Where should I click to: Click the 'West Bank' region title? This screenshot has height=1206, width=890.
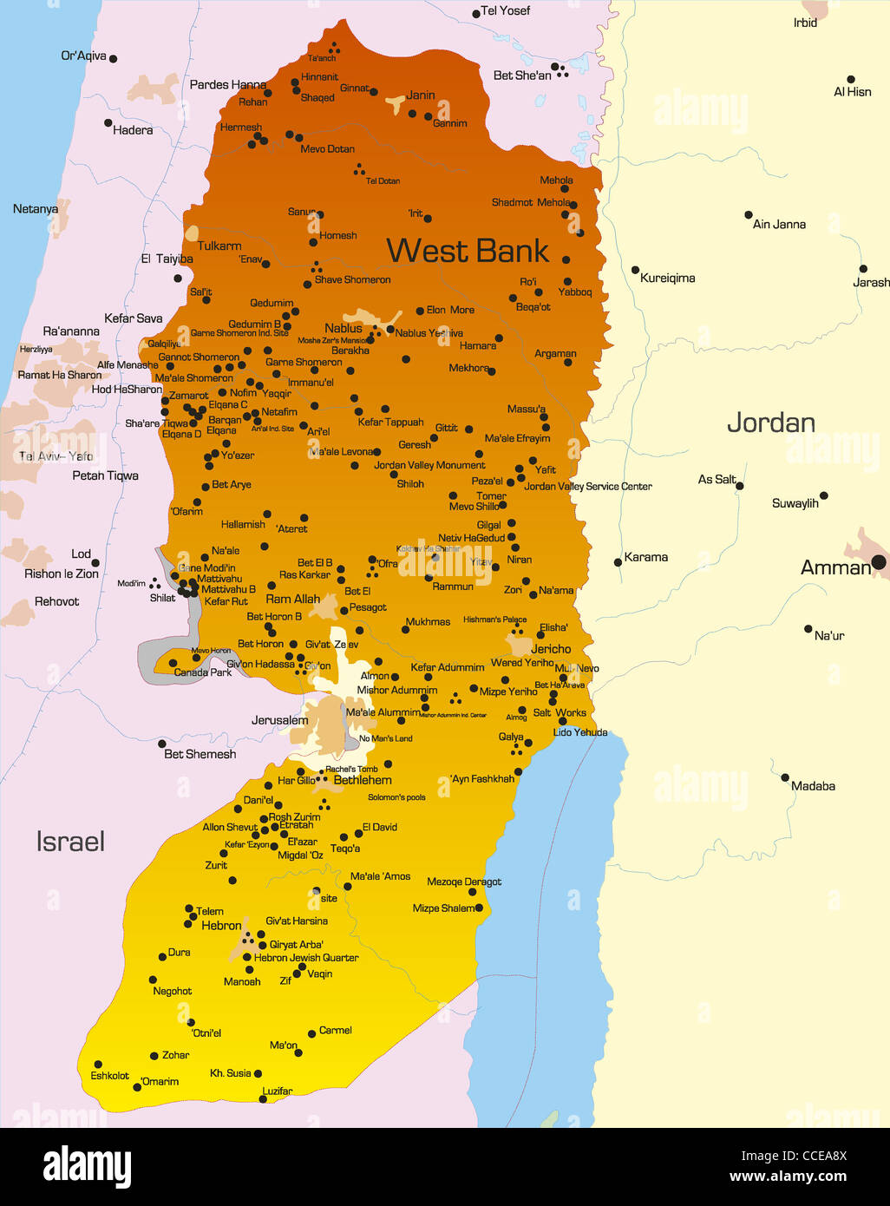click(x=468, y=251)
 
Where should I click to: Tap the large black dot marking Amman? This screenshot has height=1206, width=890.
click(x=878, y=563)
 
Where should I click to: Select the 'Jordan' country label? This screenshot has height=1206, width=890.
click(x=770, y=423)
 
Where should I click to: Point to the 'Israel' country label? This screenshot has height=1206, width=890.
click(x=70, y=841)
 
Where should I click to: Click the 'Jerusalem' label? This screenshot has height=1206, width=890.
click(x=279, y=720)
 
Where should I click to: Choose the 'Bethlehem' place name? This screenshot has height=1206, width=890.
click(x=363, y=780)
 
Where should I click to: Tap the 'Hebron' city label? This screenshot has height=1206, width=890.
click(x=221, y=926)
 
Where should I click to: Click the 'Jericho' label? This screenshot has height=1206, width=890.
click(x=551, y=649)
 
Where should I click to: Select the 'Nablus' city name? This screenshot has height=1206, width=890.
click(x=344, y=328)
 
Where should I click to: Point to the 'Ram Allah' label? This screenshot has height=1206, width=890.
click(x=292, y=599)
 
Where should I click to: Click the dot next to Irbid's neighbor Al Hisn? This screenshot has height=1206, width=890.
click(x=851, y=79)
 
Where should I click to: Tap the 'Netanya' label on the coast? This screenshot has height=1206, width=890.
click(x=36, y=209)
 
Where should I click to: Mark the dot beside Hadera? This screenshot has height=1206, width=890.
click(x=108, y=123)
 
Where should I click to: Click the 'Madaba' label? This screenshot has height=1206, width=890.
click(x=813, y=786)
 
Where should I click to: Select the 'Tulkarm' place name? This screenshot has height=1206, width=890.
click(x=219, y=246)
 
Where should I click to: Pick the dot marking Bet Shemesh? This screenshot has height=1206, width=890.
click(x=162, y=744)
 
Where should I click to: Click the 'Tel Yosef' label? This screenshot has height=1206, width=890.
click(x=505, y=10)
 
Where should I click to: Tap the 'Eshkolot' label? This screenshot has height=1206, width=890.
click(x=109, y=1076)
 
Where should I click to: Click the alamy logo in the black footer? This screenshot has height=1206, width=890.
click(x=87, y=1166)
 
